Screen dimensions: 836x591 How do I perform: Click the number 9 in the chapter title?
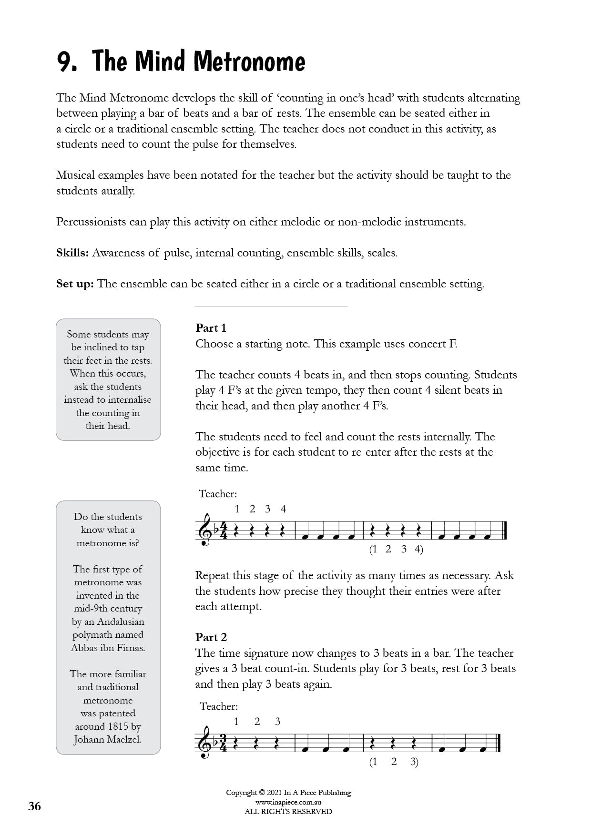click(x=65, y=62)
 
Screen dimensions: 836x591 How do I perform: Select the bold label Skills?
click(x=72, y=253)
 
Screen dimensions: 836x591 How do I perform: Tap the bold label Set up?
click(x=75, y=284)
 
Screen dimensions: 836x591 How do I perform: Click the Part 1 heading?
click(x=211, y=328)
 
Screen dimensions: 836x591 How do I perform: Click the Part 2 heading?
click(x=211, y=637)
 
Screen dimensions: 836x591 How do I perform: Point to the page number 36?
click(x=35, y=806)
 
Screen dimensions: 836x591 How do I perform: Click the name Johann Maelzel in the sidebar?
click(x=108, y=740)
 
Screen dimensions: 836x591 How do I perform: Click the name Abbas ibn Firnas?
click(x=108, y=648)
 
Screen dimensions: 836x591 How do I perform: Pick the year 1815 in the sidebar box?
click(x=118, y=726)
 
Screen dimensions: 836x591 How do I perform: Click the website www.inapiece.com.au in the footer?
click(x=288, y=802)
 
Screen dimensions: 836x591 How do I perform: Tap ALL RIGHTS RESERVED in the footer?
click(x=288, y=811)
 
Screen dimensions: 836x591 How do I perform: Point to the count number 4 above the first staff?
click(x=283, y=509)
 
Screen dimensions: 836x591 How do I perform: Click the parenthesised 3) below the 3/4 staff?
click(x=414, y=762)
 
